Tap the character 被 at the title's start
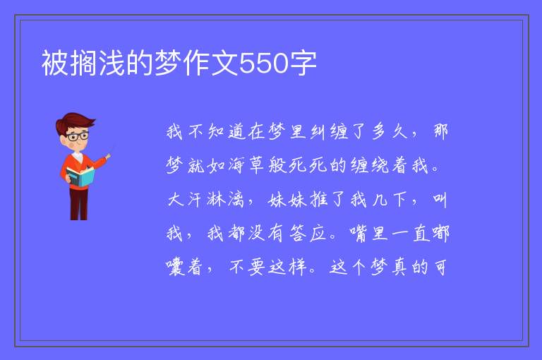[55, 63]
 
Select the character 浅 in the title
[112, 63]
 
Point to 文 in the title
[224, 63]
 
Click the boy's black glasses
[78, 136]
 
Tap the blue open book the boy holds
[80, 176]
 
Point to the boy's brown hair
[75, 122]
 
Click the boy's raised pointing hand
[108, 157]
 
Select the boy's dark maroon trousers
[79, 203]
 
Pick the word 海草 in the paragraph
[246, 165]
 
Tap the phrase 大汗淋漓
[206, 200]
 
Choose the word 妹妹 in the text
[288, 200]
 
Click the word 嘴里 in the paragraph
[370, 233]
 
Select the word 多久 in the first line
[390, 131]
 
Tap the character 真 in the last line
[399, 268]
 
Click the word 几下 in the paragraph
[390, 200]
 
